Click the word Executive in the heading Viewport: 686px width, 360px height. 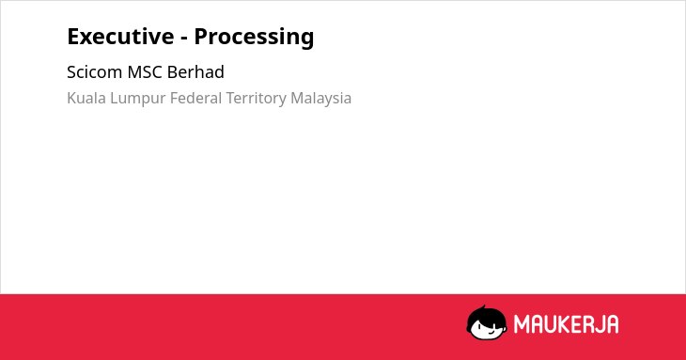click(x=120, y=36)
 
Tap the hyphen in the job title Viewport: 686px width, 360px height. click(x=184, y=38)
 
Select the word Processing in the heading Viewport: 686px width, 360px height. click(x=254, y=38)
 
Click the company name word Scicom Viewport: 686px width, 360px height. click(x=95, y=72)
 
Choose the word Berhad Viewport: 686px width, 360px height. click(x=195, y=71)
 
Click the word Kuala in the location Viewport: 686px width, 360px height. click(x=86, y=98)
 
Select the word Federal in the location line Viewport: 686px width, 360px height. click(x=196, y=98)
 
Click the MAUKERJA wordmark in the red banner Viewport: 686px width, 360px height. click(x=566, y=324)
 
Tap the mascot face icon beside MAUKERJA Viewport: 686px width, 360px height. click(x=487, y=322)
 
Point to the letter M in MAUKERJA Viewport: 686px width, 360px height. click(x=521, y=324)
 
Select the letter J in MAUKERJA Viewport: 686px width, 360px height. click(x=598, y=324)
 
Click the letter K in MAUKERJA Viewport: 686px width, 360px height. click(x=556, y=324)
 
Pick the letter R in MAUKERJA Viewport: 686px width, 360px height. click(x=585, y=324)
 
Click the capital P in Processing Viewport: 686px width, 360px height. click(x=201, y=37)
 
